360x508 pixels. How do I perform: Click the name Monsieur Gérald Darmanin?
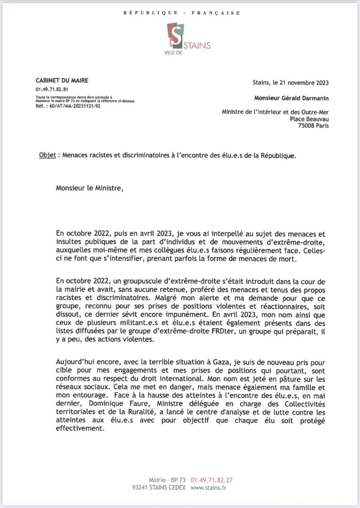pos(291,97)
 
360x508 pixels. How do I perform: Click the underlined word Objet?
pos(46,155)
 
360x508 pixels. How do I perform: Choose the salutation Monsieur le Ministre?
pos(89,188)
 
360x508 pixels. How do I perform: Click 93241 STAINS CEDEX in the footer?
pos(157,488)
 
